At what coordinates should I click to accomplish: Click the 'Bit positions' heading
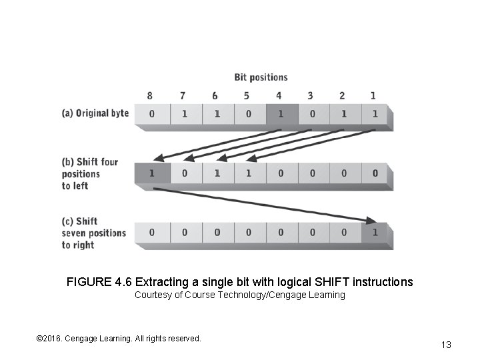[x=261, y=77]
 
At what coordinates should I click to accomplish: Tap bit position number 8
[x=150, y=96]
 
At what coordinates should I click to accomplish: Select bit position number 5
[x=247, y=96]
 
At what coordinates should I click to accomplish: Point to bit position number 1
[x=373, y=96]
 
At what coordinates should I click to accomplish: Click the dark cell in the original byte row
[x=281, y=114]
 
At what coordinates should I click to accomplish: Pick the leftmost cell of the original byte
[x=151, y=114]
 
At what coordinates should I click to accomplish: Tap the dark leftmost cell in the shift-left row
[x=151, y=173]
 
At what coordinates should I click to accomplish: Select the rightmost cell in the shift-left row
[x=375, y=173]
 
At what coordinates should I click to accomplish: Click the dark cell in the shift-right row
[x=375, y=233]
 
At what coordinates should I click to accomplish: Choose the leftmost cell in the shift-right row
[x=151, y=233]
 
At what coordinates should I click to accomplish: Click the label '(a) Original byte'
[x=95, y=113]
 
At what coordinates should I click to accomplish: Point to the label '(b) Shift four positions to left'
[x=89, y=173]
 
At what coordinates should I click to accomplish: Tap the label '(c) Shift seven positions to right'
[x=93, y=233]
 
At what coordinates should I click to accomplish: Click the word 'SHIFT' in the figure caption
[x=317, y=282]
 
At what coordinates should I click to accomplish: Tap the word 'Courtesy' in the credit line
[x=152, y=295]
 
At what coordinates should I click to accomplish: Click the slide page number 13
[x=446, y=345]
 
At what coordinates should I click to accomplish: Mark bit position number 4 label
[x=279, y=96]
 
